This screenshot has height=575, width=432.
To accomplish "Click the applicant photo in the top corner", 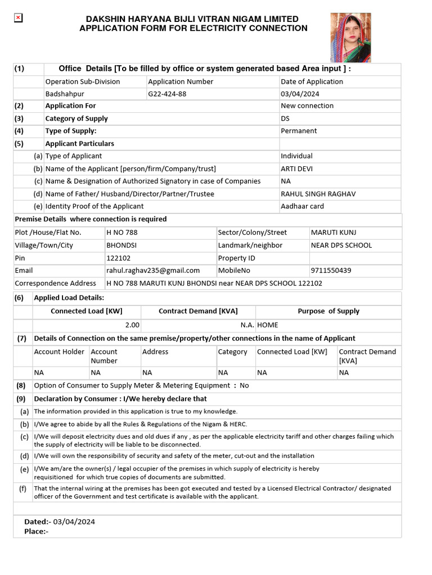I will click(x=350, y=37).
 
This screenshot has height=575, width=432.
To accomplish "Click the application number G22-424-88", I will click(x=167, y=94).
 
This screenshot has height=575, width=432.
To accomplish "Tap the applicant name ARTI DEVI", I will click(x=296, y=168).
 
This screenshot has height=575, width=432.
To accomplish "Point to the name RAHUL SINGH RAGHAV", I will click(x=318, y=194).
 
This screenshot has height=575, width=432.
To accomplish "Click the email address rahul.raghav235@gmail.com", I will click(x=153, y=270).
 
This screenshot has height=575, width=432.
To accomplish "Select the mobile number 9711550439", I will click(x=331, y=270).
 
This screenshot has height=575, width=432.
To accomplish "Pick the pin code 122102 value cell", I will click(x=118, y=258).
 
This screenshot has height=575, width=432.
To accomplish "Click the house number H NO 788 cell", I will click(x=122, y=232).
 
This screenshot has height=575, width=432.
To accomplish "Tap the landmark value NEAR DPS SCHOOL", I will click(x=341, y=245).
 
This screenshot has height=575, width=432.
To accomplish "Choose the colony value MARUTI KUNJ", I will click(x=334, y=232).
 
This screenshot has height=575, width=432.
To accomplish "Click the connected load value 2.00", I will click(x=132, y=325).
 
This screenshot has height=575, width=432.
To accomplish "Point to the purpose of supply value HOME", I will click(x=268, y=325).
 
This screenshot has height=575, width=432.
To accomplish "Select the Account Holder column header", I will click(x=59, y=352).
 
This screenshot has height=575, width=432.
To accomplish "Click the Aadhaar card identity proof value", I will click(x=302, y=206).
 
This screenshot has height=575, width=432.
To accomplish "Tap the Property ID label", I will click(x=236, y=258).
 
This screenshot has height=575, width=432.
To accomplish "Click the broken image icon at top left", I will click(x=18, y=18).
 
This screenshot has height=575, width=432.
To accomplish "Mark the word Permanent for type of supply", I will click(x=299, y=131).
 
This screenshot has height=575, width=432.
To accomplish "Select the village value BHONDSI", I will click(x=121, y=245).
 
